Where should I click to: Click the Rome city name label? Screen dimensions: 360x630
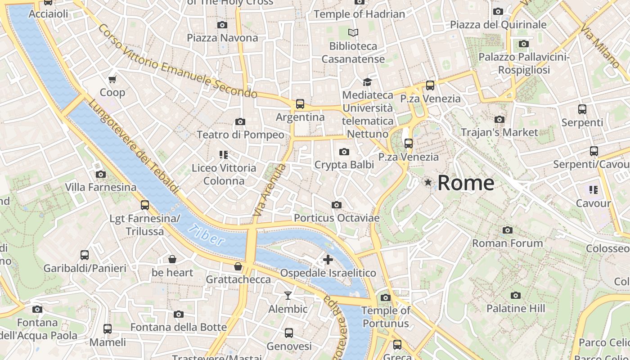coord(466,183)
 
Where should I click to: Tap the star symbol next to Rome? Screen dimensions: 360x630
coord(428,182)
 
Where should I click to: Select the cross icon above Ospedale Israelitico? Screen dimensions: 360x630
coord(328,259)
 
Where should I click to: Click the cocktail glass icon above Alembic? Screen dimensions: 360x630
coord(288,296)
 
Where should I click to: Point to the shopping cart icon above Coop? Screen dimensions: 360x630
coord(112,80)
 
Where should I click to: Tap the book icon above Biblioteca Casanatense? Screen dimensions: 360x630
coord(353,32)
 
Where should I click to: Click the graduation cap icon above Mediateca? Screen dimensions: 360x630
coord(368,82)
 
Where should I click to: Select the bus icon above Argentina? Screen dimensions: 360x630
coord(300,104)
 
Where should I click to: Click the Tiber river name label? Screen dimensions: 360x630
coord(206,234)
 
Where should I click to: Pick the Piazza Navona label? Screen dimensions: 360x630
coord(222,38)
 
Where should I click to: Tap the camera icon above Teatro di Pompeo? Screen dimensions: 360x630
coord(240,121)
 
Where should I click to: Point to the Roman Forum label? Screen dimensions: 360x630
coord(507,243)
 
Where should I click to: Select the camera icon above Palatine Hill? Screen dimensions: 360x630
coord(516,295)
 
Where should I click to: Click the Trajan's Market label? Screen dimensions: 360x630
coord(499,132)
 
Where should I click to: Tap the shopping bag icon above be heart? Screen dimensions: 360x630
coord(172,259)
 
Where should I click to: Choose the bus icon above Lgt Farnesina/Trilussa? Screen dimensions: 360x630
coord(145,205)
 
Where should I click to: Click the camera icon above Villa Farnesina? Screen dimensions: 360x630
coord(101,174)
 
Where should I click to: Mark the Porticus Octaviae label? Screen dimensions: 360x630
coord(337,218)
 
